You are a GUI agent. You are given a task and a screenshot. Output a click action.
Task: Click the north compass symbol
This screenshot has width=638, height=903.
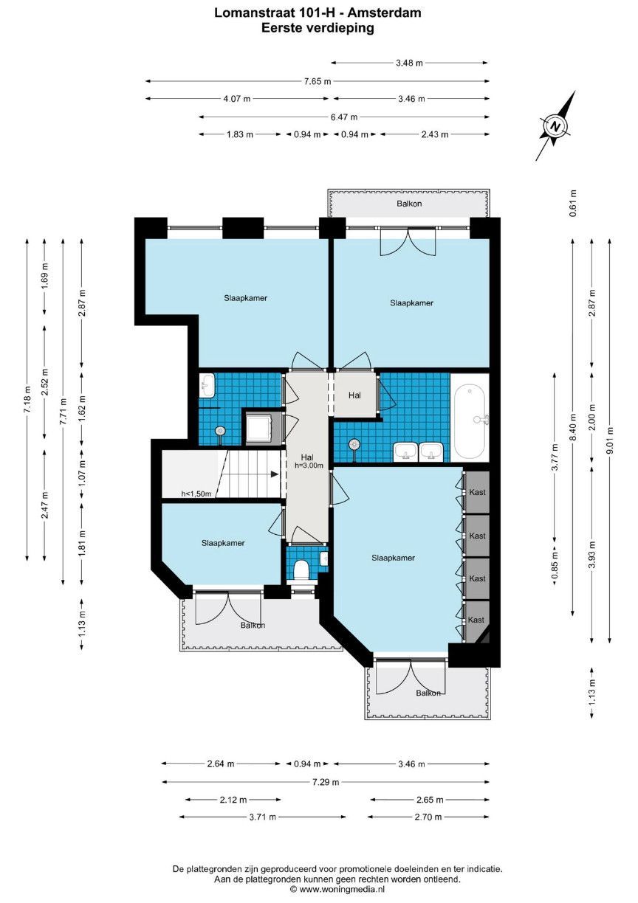(556, 126)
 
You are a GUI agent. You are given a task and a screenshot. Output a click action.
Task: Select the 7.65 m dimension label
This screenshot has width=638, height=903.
(318, 81)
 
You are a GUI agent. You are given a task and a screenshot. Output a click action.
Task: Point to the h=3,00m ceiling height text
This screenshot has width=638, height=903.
(309, 466)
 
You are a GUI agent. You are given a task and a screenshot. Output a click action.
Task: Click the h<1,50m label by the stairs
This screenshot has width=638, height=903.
(196, 494)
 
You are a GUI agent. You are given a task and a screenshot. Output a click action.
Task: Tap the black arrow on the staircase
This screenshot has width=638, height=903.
(275, 474)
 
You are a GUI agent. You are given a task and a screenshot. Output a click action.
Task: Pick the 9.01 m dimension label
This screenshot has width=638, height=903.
(610, 440)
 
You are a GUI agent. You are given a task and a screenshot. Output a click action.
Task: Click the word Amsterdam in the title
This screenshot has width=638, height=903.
(384, 13)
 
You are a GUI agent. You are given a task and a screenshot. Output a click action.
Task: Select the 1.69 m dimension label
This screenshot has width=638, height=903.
(45, 277)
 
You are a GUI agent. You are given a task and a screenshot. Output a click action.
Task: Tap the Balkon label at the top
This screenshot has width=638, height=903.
(409, 204)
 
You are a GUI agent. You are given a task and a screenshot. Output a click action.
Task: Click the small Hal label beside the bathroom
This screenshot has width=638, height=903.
(354, 395)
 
